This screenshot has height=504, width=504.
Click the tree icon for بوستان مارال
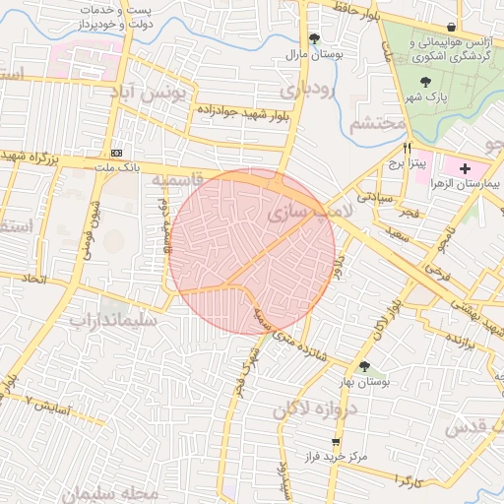click(314, 39)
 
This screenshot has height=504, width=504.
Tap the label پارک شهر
click(425, 100)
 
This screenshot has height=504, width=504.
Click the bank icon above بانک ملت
click(117, 153)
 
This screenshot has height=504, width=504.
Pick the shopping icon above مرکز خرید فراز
click(337, 441)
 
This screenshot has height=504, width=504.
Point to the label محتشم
click(377, 124)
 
